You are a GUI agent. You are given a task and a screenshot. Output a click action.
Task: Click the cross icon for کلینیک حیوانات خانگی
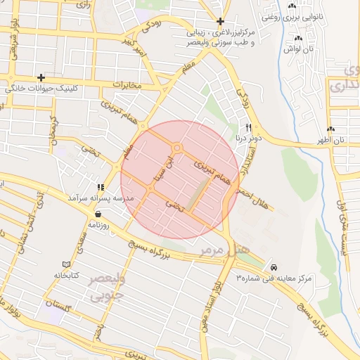coord(41,77)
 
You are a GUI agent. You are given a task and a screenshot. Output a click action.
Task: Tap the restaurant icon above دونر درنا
coord(248,127)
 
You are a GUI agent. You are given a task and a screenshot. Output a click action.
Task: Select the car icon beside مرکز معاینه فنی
coord(273,268)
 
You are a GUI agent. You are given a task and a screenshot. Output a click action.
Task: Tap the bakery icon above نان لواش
coord(298,38)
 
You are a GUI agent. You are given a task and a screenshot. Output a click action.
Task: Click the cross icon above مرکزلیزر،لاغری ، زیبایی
coord(221,22)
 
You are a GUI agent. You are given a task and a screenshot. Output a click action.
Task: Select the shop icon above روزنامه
coord(97,214)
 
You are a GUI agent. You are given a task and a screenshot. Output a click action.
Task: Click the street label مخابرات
coord(127,84)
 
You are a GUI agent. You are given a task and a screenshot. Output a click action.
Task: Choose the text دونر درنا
coord(248,138)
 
